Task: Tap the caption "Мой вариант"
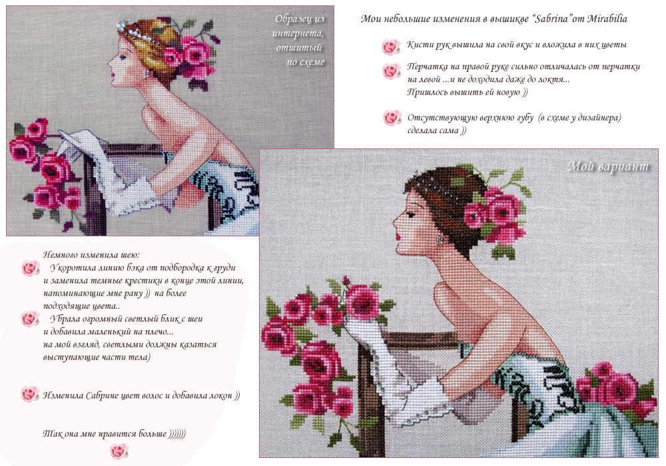(608, 166)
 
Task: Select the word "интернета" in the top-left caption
(298, 33)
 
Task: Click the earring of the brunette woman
(440, 239)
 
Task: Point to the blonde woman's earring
(147, 74)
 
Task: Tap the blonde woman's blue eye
(123, 57)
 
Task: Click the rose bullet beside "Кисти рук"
(391, 47)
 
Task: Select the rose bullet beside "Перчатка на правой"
(391, 71)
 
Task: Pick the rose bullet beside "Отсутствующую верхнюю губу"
(392, 118)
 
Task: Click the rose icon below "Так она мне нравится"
(119, 451)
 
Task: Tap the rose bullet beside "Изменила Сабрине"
(30, 394)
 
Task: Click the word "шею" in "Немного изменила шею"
(129, 255)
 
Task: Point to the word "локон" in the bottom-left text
(221, 395)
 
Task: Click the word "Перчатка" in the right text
(426, 67)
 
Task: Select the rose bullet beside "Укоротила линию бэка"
(31, 268)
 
